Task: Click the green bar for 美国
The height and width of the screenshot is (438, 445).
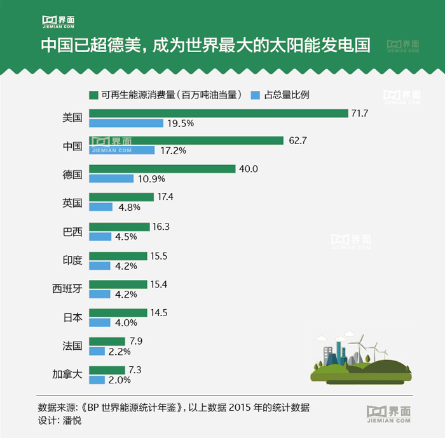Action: (219, 113)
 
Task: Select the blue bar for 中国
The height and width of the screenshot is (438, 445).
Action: (122, 151)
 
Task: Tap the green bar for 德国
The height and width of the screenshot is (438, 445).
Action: (163, 169)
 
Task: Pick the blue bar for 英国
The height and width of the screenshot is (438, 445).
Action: (101, 207)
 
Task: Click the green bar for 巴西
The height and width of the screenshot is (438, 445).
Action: (120, 227)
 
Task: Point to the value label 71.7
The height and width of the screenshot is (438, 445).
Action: (360, 113)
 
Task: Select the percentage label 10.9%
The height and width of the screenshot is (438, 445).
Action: (151, 179)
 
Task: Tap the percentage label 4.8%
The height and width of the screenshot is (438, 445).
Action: (127, 207)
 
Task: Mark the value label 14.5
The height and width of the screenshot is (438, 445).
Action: (158, 312)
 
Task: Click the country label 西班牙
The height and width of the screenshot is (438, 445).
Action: (67, 289)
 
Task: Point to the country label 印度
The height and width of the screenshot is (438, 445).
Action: (72, 260)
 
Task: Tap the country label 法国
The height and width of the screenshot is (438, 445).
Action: (72, 346)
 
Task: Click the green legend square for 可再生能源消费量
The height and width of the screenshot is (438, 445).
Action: (93, 95)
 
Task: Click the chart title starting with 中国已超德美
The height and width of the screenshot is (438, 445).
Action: (205, 46)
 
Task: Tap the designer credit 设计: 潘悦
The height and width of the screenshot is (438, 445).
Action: (60, 420)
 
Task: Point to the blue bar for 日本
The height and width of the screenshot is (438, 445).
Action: (100, 322)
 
